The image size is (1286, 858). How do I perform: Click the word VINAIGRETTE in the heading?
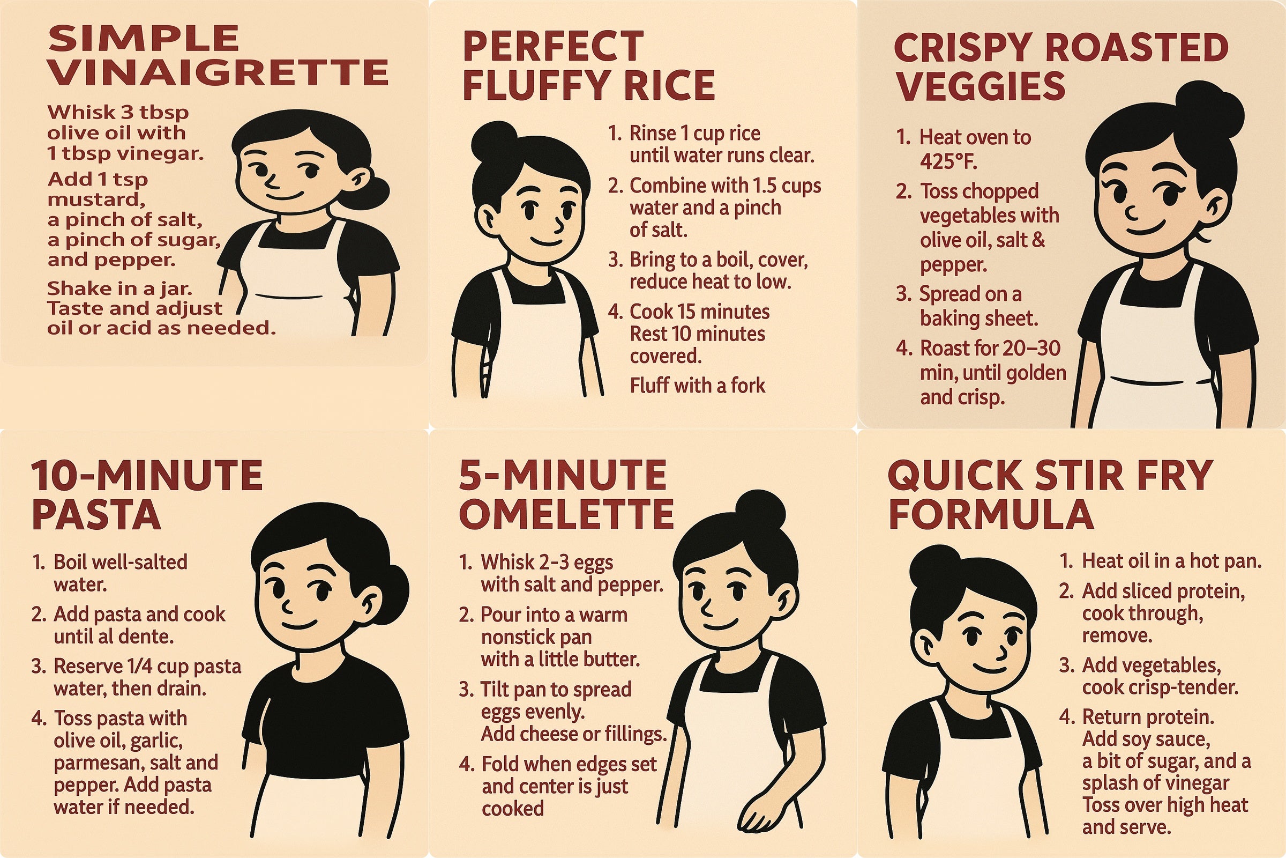(x=218, y=73)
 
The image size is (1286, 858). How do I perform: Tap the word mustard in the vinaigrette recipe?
(x=96, y=199)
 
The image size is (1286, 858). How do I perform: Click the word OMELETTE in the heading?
(x=566, y=514)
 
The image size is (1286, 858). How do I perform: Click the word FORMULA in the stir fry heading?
(x=991, y=514)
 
